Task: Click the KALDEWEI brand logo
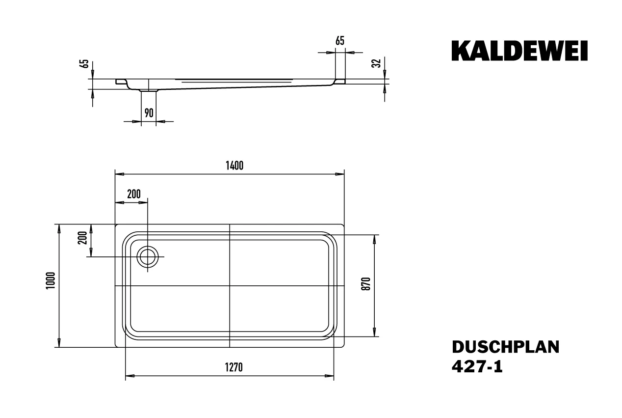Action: pyautogui.click(x=519, y=52)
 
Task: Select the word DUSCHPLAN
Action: pyautogui.click(x=505, y=347)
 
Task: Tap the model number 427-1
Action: pyautogui.click(x=477, y=367)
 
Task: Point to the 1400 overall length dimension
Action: pyautogui.click(x=234, y=166)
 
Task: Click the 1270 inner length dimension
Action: pyautogui.click(x=234, y=367)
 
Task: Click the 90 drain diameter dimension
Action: pyautogui.click(x=149, y=113)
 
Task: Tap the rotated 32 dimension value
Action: pyautogui.click(x=377, y=63)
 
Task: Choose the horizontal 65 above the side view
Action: pyautogui.click(x=339, y=42)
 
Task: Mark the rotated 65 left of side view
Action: pyautogui.click(x=84, y=64)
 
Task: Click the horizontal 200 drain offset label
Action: pyautogui.click(x=133, y=194)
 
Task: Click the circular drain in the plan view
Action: pyautogui.click(x=148, y=257)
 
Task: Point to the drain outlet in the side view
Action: pyautogui.click(x=149, y=90)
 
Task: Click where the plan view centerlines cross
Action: pyautogui.click(x=230, y=285)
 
